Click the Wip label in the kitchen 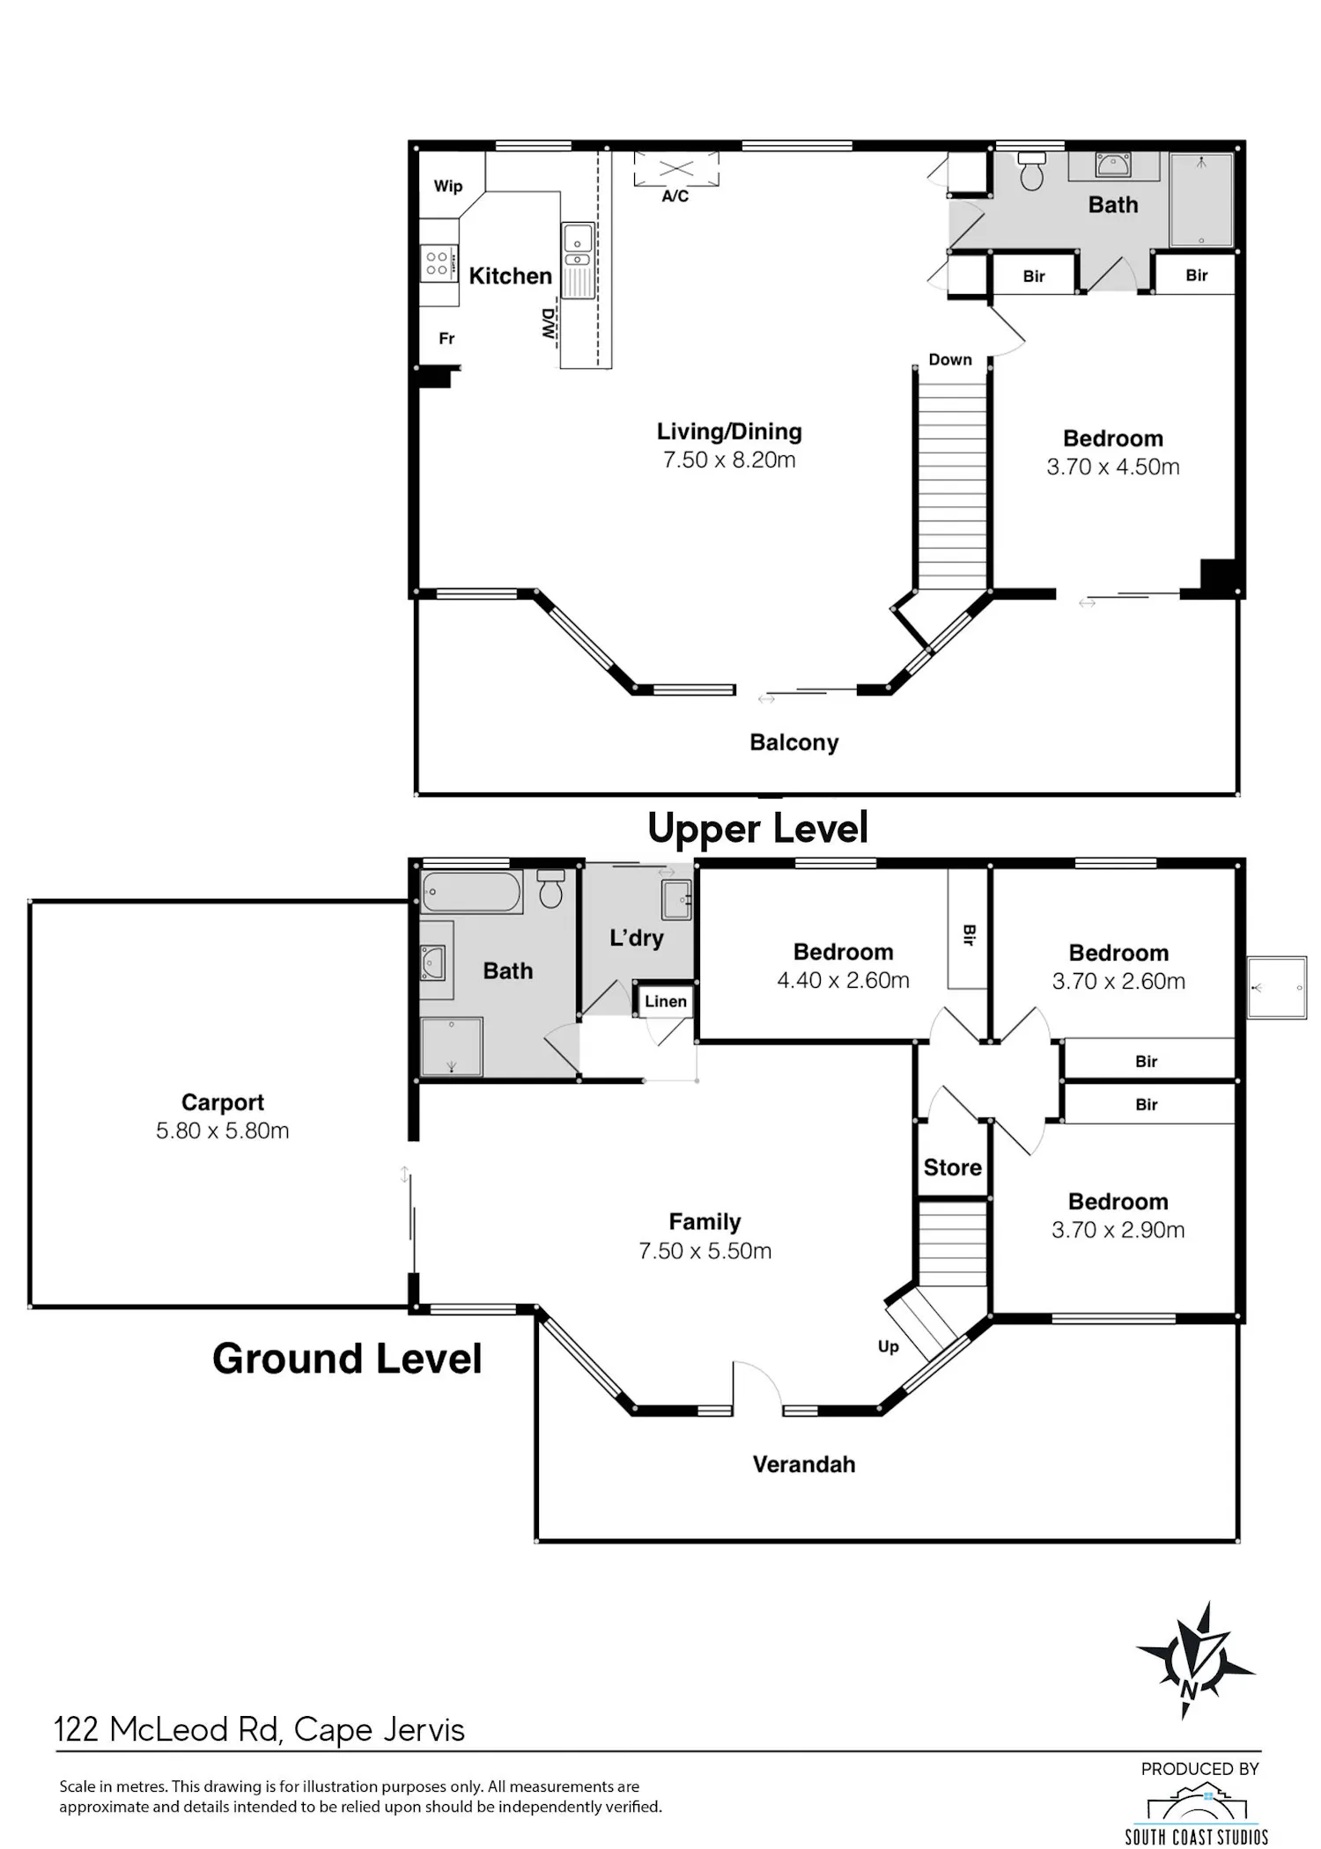pyautogui.click(x=447, y=186)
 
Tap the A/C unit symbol pyautogui.click(x=675, y=169)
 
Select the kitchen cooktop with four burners pyautogui.click(x=438, y=263)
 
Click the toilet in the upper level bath pyautogui.click(x=1031, y=171)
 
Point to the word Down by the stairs pyautogui.click(x=950, y=359)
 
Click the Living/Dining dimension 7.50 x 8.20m pyautogui.click(x=729, y=460)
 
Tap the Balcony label pyautogui.click(x=793, y=742)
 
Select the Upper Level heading pyautogui.click(x=757, y=828)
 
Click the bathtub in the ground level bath pyautogui.click(x=471, y=892)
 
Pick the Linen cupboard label pyautogui.click(x=665, y=1001)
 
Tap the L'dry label pyautogui.click(x=636, y=938)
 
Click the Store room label pyautogui.click(x=952, y=1168)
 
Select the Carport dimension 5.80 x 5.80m pyautogui.click(x=222, y=1131)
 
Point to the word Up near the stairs pyautogui.click(x=888, y=1346)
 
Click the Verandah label pyautogui.click(x=803, y=1464)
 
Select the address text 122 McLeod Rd pyautogui.click(x=168, y=1730)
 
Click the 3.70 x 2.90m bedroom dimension pyautogui.click(x=1118, y=1230)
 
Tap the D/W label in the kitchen pyautogui.click(x=548, y=324)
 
